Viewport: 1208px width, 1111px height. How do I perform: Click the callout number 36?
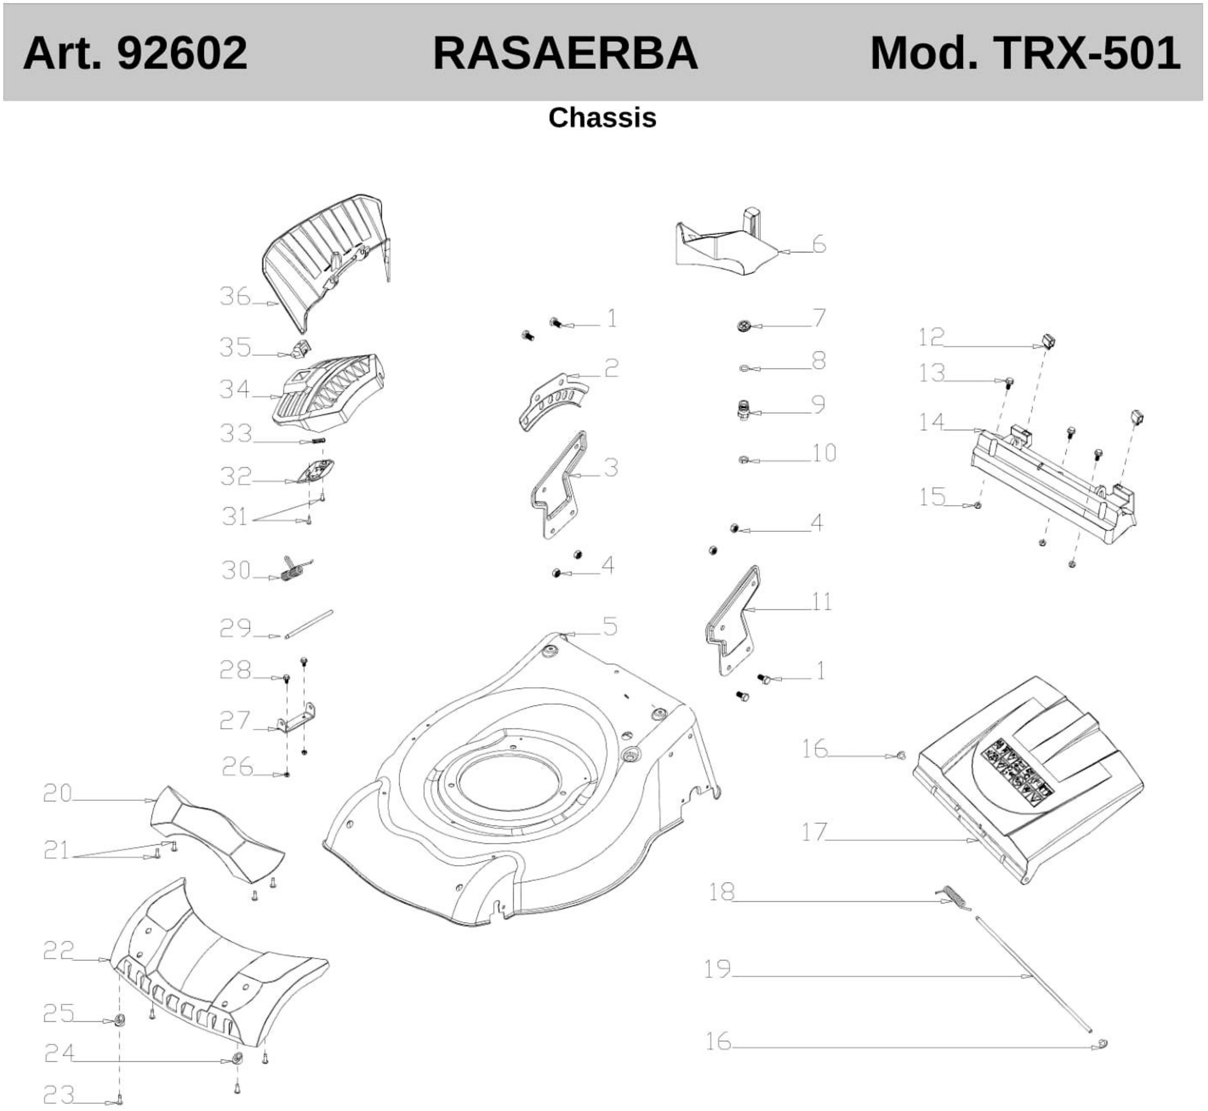coord(234,296)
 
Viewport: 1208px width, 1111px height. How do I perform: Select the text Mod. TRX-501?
coord(1025,53)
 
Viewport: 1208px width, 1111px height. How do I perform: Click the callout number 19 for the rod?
coord(717,968)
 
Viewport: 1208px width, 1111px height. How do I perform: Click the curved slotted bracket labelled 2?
coord(552,400)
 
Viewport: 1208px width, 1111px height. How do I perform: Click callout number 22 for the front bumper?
coord(58,950)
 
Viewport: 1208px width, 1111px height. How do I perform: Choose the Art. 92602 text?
coord(135,53)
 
